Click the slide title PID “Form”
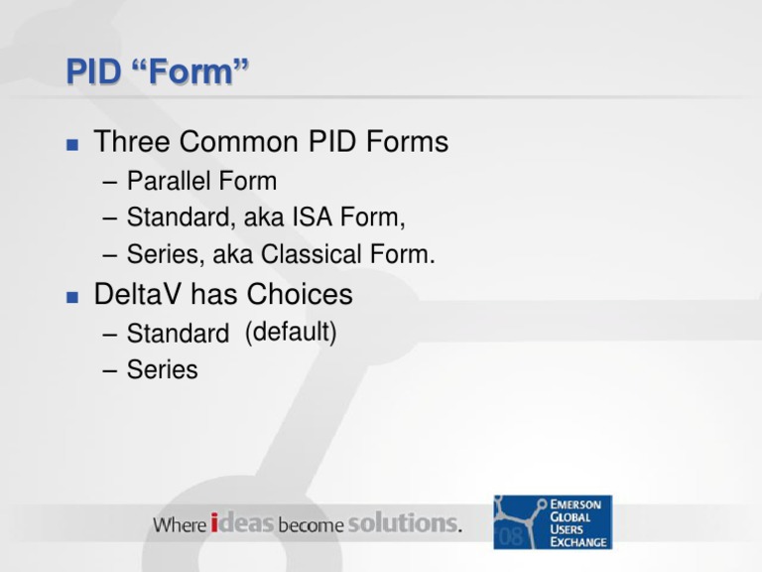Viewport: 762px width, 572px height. [158, 71]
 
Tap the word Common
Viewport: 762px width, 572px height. [238, 142]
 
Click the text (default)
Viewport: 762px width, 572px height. [291, 333]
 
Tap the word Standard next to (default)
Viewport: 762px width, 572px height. [178, 334]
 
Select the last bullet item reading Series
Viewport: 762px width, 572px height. [162, 370]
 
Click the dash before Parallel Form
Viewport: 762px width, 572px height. [110, 183]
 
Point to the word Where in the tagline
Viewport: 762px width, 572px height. [180, 524]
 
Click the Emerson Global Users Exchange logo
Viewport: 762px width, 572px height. [553, 522]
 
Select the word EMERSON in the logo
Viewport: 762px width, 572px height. [579, 504]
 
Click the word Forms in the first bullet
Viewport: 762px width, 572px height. [407, 142]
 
